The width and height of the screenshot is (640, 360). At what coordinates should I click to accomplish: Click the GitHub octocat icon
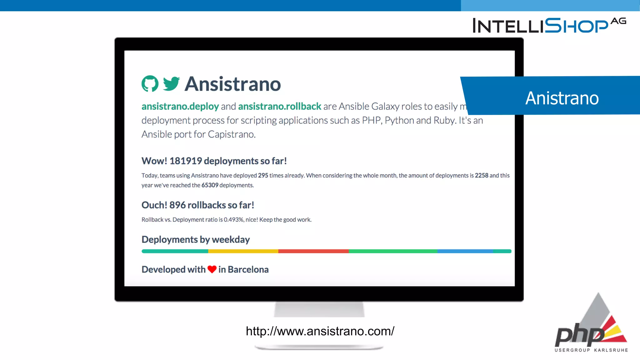click(x=150, y=84)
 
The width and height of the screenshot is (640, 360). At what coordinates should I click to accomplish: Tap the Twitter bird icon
click(x=171, y=84)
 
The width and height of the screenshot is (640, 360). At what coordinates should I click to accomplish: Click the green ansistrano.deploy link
click(x=180, y=107)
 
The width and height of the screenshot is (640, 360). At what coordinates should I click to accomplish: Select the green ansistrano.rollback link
click(x=279, y=107)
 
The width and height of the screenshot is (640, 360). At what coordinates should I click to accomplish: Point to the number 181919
click(x=186, y=161)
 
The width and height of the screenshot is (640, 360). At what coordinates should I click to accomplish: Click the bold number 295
click(x=263, y=176)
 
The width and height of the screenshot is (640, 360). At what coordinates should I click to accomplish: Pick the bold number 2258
click(x=481, y=176)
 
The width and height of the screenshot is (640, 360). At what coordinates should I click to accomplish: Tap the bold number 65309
click(x=210, y=185)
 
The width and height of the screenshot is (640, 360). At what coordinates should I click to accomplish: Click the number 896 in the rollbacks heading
click(x=177, y=205)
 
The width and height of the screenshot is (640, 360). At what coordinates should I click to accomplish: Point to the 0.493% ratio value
click(x=233, y=220)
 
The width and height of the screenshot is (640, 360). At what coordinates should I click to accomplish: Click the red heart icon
click(x=212, y=269)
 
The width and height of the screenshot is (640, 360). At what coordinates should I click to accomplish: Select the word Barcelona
click(x=248, y=270)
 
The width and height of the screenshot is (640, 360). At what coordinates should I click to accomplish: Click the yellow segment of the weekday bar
click(x=243, y=251)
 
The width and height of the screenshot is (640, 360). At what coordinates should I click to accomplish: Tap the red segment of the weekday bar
click(x=313, y=251)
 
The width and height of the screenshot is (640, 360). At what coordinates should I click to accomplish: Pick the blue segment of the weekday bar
click(x=465, y=251)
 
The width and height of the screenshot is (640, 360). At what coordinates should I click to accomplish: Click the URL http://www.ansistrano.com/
click(x=320, y=331)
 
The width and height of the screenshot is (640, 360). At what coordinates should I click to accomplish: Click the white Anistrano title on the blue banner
click(x=562, y=98)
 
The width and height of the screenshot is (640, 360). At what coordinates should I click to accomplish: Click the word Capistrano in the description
click(x=231, y=134)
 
